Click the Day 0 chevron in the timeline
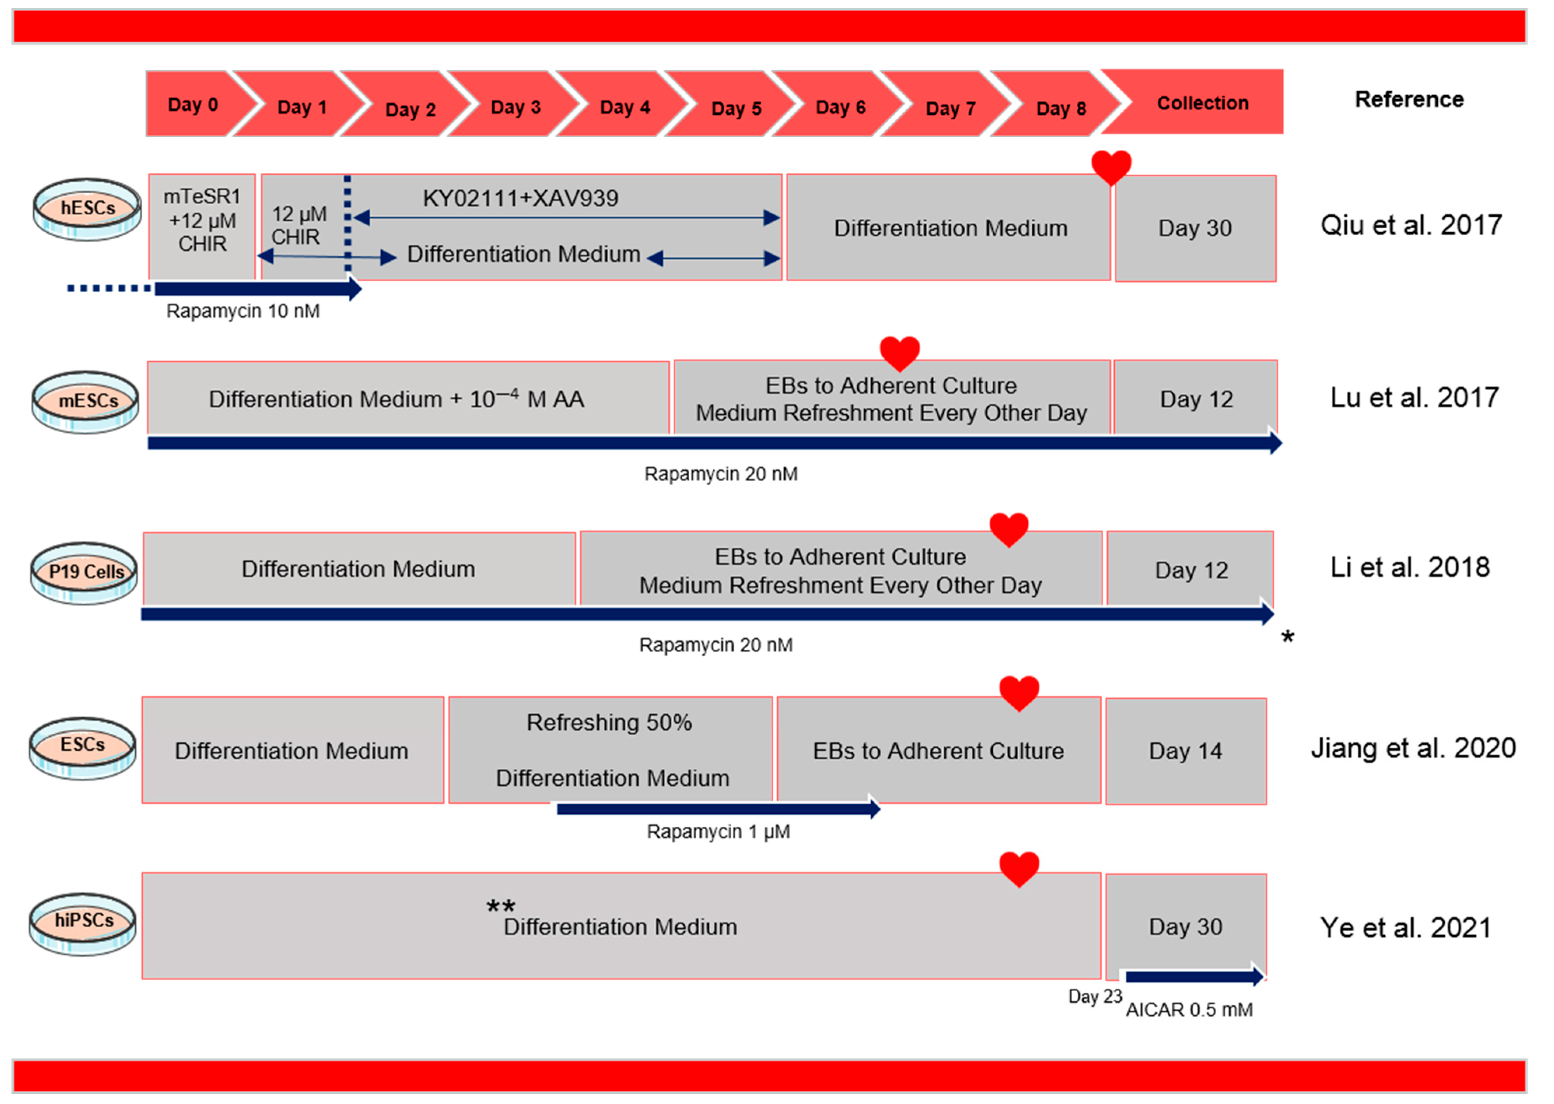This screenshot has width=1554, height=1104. pos(193,104)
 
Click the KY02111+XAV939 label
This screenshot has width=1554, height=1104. pos(520,198)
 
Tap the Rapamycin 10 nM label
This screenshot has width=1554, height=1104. pos(243,311)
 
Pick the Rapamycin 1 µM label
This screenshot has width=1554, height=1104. pos(718,831)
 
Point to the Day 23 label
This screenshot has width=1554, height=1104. pos(1095,997)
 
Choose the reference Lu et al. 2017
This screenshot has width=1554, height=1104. pos(1414,398)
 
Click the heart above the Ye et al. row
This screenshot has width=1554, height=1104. pos(1019,869)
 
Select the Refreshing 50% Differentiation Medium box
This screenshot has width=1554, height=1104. pos(610,750)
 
